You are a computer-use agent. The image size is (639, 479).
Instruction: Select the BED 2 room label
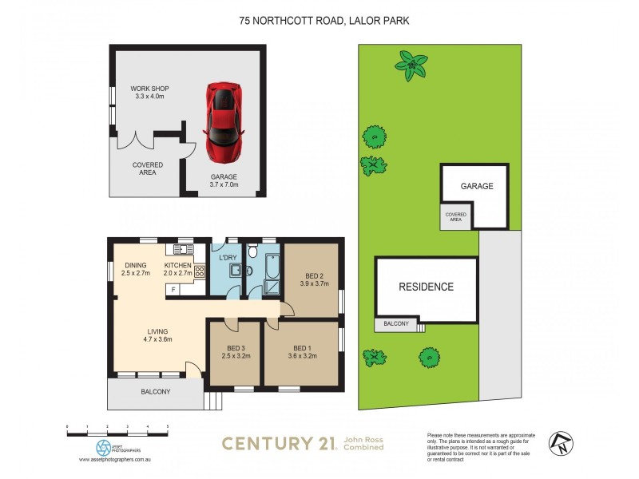[312, 276]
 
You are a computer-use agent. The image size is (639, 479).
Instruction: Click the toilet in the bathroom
[252, 252]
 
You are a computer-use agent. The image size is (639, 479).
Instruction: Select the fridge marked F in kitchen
[174, 289]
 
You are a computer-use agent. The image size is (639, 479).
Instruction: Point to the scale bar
[117, 430]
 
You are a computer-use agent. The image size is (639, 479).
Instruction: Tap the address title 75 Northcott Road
[323, 22]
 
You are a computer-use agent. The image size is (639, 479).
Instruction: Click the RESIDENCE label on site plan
[427, 287]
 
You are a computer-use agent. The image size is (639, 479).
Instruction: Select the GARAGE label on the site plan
[476, 186]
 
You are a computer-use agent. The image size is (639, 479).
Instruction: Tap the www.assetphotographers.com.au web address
[117, 460]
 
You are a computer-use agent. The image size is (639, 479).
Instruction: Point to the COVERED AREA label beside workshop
[148, 169]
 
